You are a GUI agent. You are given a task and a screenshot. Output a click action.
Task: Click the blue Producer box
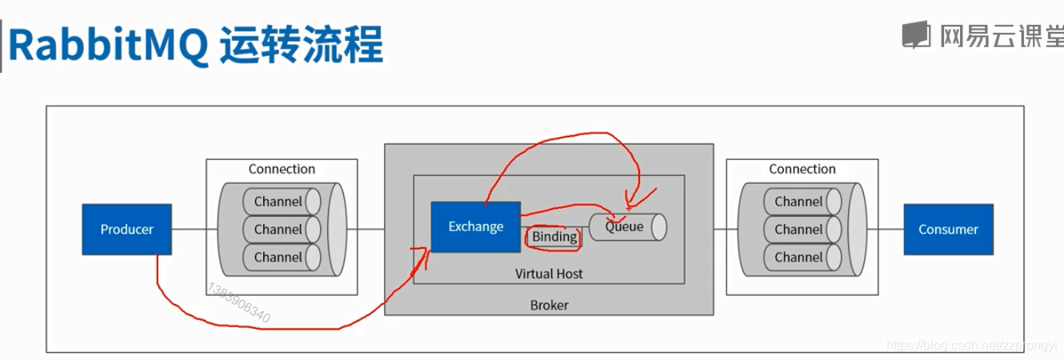[x=126, y=230]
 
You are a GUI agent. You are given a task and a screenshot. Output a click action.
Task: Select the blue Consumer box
[x=948, y=230]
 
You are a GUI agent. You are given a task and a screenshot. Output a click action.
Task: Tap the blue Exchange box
[x=475, y=226]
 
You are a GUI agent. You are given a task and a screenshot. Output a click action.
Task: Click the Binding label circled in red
[x=554, y=237]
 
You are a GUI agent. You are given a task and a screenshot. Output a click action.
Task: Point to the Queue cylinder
[x=627, y=226]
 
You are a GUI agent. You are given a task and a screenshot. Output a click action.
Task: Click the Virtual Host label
[x=549, y=274]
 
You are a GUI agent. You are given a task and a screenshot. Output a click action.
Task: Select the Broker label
[x=549, y=306]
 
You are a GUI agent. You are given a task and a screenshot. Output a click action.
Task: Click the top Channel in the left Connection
[x=278, y=202]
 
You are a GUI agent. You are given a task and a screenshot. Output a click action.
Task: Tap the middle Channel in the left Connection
[x=278, y=230]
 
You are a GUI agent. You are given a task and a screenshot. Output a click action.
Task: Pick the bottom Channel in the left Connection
[x=278, y=258]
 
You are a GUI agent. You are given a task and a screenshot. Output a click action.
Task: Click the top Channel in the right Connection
[x=798, y=202]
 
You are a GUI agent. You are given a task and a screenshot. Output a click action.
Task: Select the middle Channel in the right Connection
[x=798, y=230]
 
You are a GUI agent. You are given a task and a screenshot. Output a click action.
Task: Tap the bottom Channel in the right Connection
[x=798, y=258]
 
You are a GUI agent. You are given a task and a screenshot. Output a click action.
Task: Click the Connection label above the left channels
[x=282, y=169]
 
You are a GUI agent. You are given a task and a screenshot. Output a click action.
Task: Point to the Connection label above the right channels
[x=802, y=169]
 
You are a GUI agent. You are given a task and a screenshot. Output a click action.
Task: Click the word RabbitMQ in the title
[x=108, y=46]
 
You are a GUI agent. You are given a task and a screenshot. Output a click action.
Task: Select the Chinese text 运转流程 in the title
[x=300, y=46]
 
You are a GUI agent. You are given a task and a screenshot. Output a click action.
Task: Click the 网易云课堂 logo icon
[x=916, y=34]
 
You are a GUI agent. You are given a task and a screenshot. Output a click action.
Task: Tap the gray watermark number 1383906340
[x=238, y=302]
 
